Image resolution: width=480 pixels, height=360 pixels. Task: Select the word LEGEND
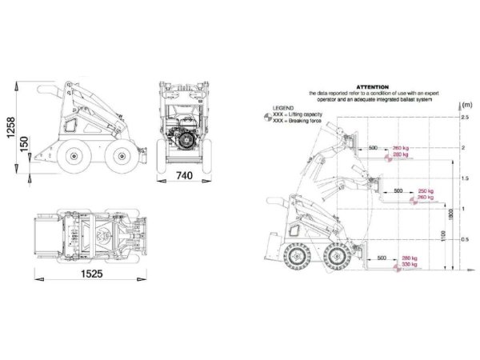284,106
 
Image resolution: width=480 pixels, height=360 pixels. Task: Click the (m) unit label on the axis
466,105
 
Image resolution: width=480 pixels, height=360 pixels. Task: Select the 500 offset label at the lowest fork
382,258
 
